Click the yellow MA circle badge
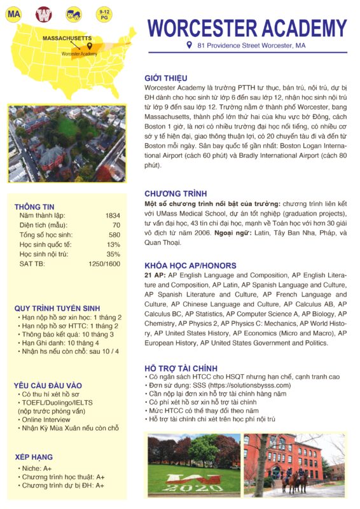pyautogui.click(x=13, y=13)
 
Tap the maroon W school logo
pyautogui.click(x=43, y=13)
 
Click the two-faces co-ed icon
pyautogui.click(x=74, y=13)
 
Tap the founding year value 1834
pyautogui.click(x=112, y=216)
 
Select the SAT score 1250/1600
pyautogui.click(x=104, y=263)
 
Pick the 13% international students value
pyautogui.click(x=114, y=244)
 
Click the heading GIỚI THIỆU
pyautogui.click(x=166, y=79)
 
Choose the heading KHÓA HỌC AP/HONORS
pyautogui.click(x=190, y=265)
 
